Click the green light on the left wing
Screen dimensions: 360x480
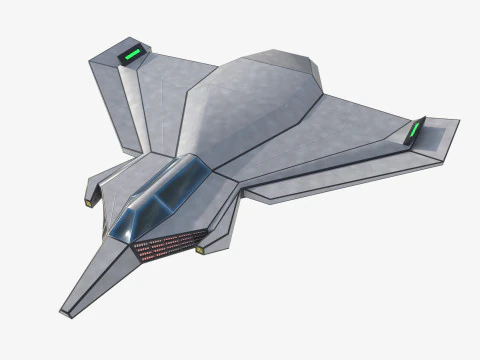point(131,53)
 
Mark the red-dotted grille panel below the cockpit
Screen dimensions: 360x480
point(169,245)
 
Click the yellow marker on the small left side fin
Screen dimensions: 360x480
point(88,203)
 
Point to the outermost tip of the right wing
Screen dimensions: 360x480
point(458,123)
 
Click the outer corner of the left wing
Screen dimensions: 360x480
point(91,60)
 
